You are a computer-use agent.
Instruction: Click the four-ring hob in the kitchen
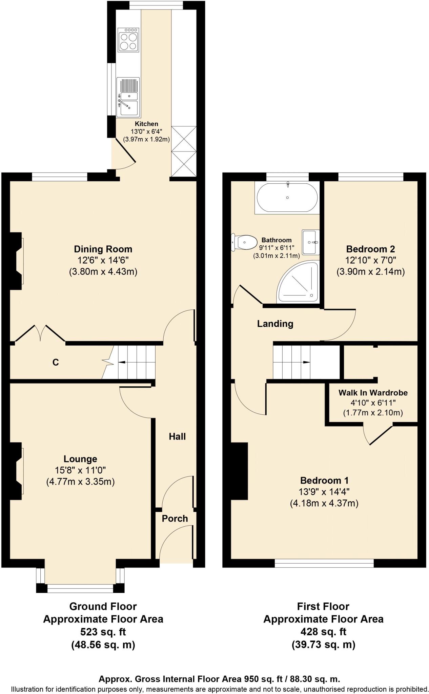pos(128,40)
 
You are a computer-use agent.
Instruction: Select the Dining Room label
pos(103,249)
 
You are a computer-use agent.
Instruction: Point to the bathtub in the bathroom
pos(287,198)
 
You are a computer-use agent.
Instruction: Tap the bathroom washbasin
pos(310,242)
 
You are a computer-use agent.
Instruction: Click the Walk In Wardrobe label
pos(373,393)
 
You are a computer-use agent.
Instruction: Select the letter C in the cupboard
pos(56,363)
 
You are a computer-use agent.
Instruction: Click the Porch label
pos(175,518)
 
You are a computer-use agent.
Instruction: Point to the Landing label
pos(275,324)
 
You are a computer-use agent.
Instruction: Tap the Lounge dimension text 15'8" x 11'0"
pos(80,470)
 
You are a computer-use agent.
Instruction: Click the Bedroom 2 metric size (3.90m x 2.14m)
pos(370,271)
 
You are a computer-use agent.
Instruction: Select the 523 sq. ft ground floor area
pos(103,632)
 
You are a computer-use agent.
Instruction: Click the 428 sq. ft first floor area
pos(323,632)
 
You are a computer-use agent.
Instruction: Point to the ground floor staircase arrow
pos(122,363)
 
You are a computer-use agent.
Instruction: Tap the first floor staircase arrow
pos(305,362)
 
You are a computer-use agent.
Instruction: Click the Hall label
pos(177,436)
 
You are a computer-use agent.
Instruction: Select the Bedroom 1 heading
pos(324,480)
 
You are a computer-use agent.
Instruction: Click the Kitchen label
pos(146,124)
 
